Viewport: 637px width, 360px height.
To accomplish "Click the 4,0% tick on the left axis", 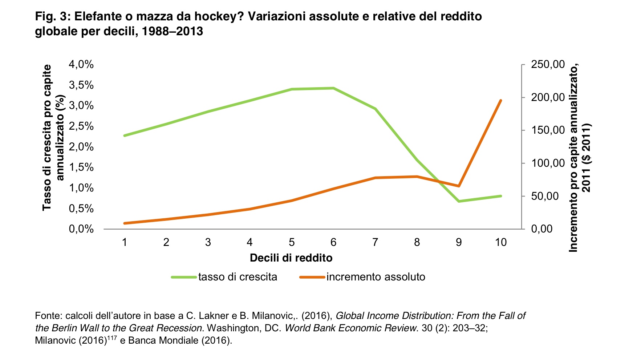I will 81,65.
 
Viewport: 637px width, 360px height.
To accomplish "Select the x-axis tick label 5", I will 292,242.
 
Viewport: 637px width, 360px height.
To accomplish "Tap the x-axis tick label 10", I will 500,242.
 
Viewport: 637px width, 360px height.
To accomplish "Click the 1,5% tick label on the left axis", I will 81,167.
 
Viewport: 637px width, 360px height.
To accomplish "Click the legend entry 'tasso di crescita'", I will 238,277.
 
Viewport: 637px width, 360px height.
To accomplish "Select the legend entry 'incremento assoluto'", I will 376,277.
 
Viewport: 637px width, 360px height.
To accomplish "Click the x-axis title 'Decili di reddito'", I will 291,258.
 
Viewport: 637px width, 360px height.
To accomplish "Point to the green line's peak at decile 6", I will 333,88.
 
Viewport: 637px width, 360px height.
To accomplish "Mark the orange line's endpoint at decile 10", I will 501,100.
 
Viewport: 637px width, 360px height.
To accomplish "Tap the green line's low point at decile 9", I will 459,201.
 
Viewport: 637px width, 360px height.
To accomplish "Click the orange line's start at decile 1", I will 125,223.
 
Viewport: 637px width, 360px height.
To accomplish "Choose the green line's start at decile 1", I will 125,135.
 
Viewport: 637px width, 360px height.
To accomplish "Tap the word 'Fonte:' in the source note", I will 49,316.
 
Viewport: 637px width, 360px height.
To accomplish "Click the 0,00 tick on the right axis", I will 541,229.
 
